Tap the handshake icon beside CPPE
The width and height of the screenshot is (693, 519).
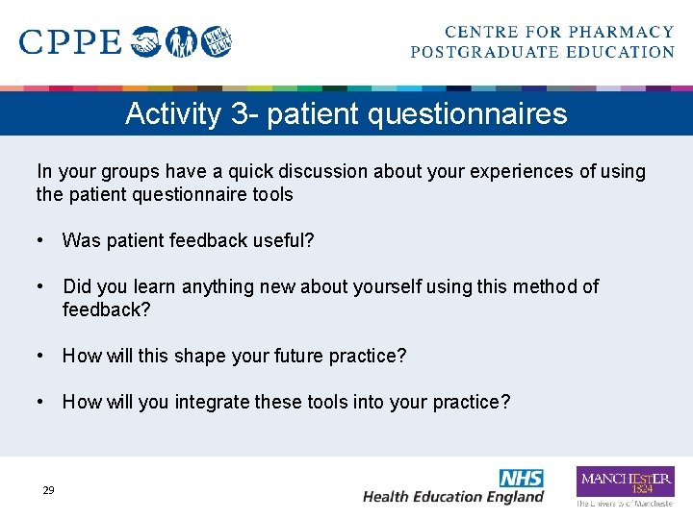pyautogui.click(x=146, y=41)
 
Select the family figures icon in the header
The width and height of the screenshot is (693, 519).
pyautogui.click(x=182, y=41)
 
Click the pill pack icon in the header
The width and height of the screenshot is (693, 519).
pyautogui.click(x=218, y=41)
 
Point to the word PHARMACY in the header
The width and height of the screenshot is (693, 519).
pyautogui.click(x=621, y=33)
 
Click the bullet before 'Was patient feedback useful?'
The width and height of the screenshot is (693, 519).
pyautogui.click(x=42, y=240)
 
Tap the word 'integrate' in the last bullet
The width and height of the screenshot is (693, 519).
pyautogui.click(x=211, y=402)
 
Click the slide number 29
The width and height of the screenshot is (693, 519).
pyautogui.click(x=48, y=490)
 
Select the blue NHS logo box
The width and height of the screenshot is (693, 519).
pyautogui.click(x=521, y=478)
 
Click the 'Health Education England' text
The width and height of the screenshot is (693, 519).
pyautogui.click(x=453, y=497)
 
